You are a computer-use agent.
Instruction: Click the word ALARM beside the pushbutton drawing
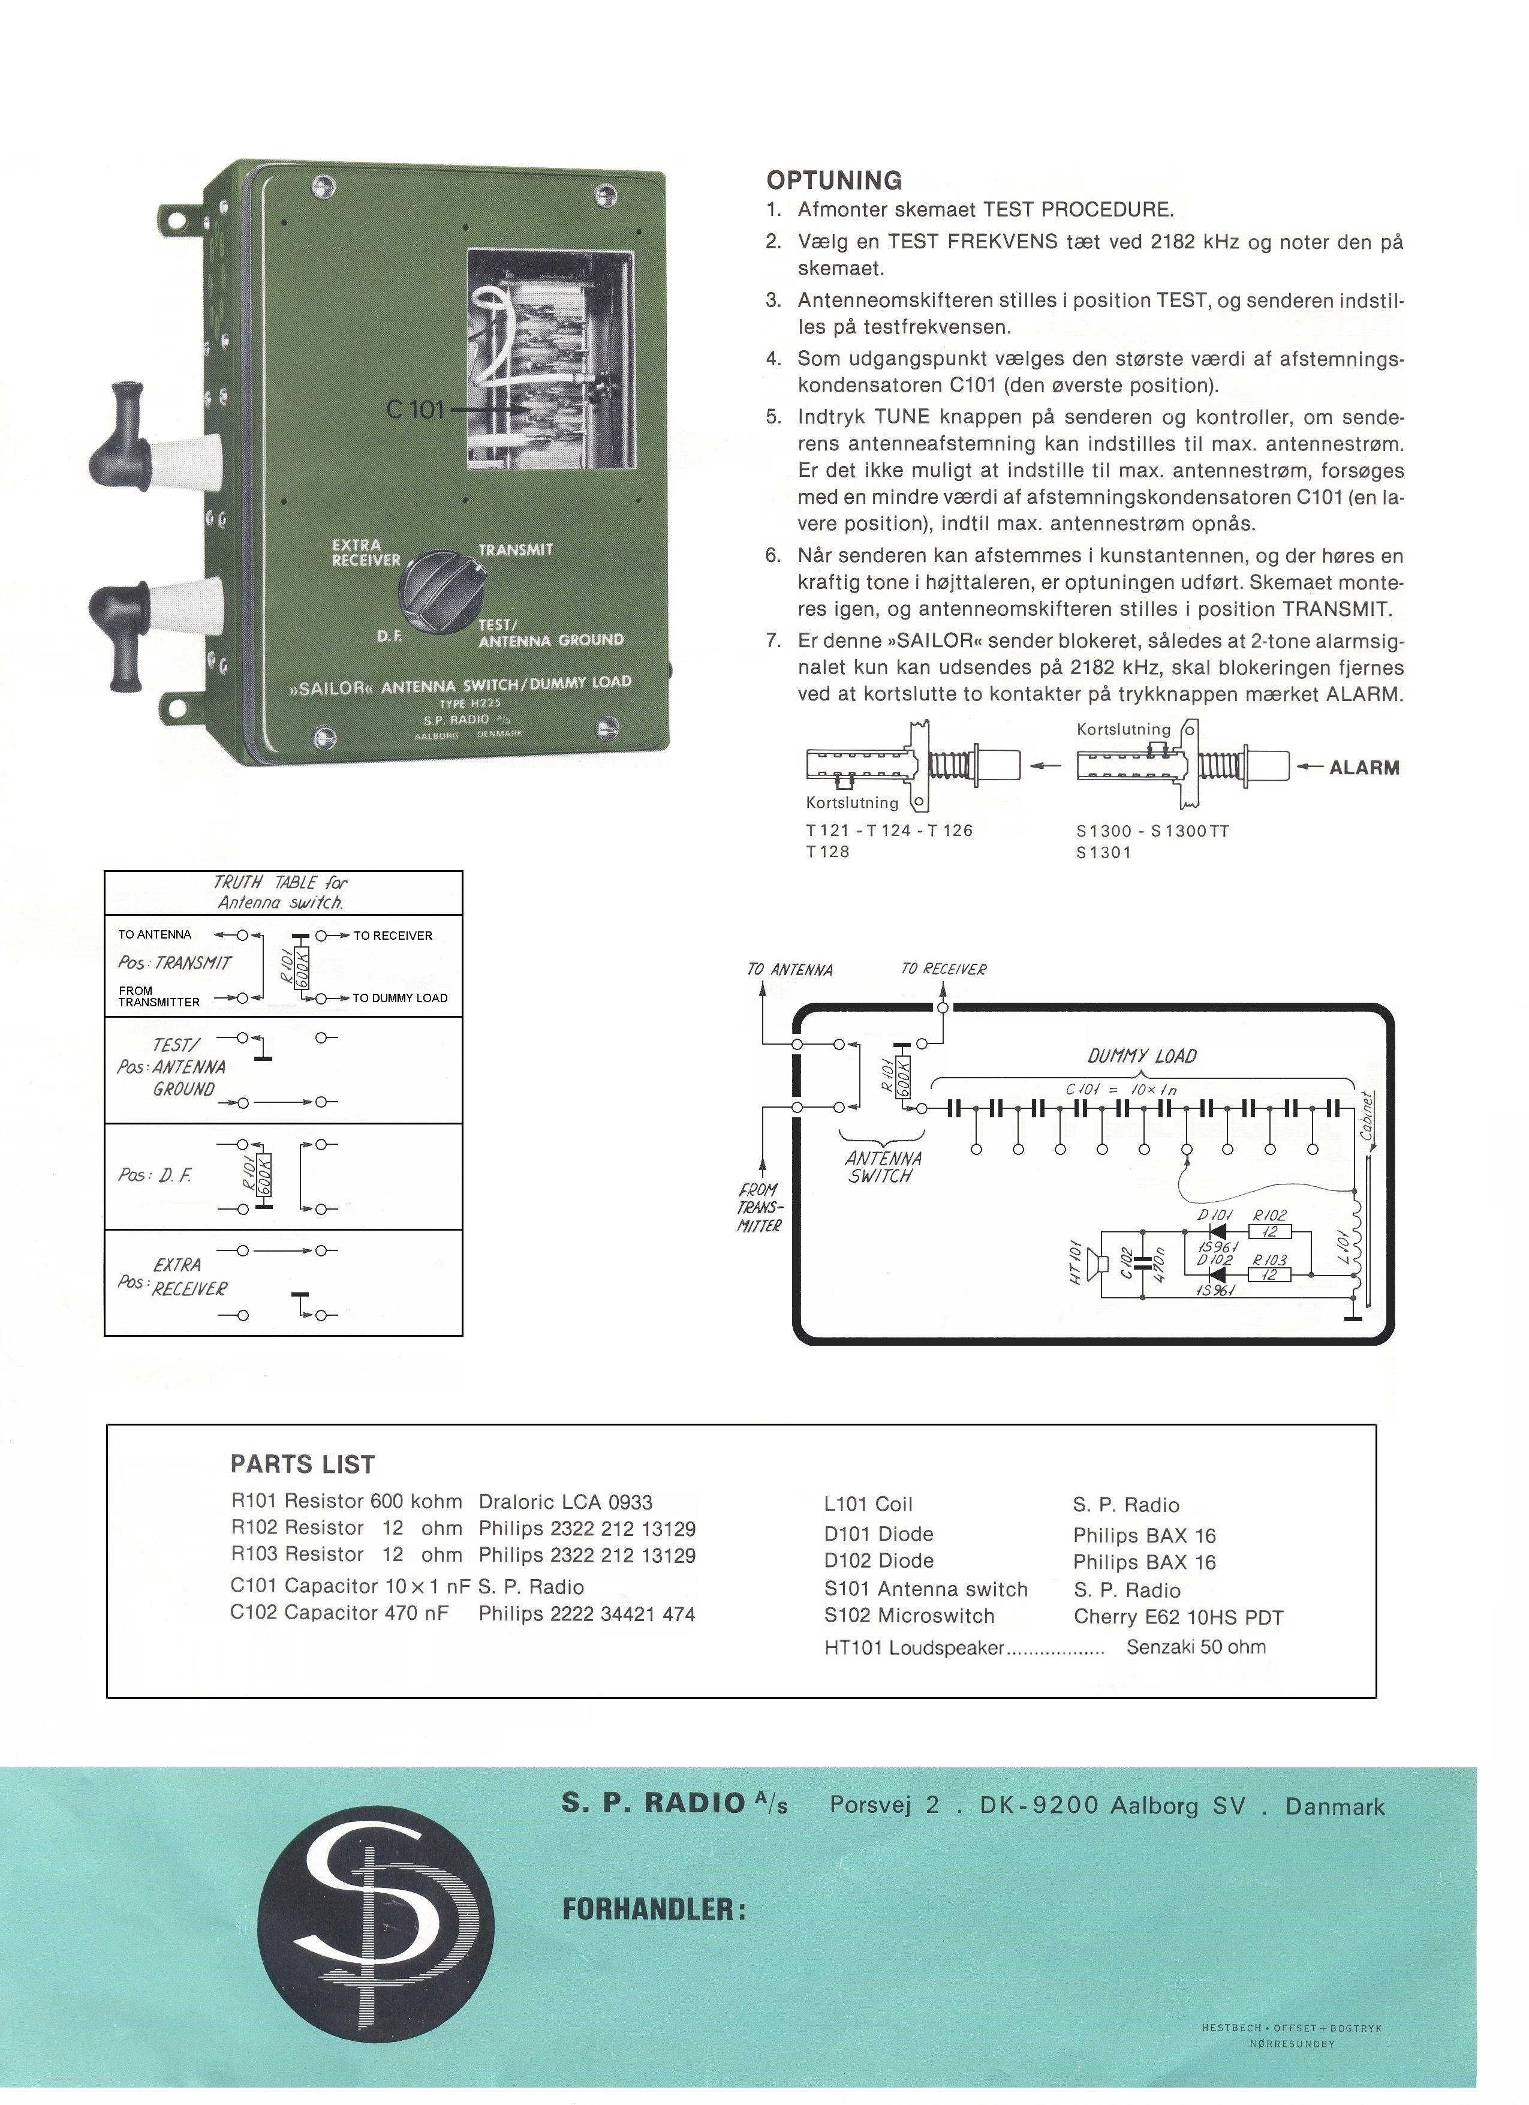tap(1364, 768)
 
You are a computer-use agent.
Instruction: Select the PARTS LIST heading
tap(302, 1465)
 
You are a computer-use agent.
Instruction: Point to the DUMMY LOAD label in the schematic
tap(1142, 1055)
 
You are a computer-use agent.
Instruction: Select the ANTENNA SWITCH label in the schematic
tap(883, 1166)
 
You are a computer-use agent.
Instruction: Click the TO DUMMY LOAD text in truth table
tap(400, 998)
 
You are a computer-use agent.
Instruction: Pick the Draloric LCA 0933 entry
tap(565, 1502)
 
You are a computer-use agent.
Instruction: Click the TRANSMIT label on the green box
tap(515, 549)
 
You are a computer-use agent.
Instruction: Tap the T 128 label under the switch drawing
tap(827, 851)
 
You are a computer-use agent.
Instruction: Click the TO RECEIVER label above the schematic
tap(944, 970)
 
